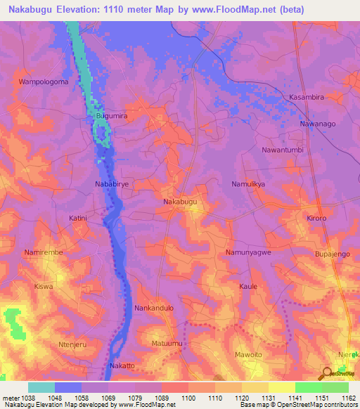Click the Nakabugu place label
(180, 202)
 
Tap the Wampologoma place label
(43, 82)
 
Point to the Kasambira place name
(306, 96)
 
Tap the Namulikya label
(248, 183)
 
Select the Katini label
(78, 219)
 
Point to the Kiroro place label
(316, 219)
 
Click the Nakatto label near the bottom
(122, 367)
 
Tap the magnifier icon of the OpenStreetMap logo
(326, 372)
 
